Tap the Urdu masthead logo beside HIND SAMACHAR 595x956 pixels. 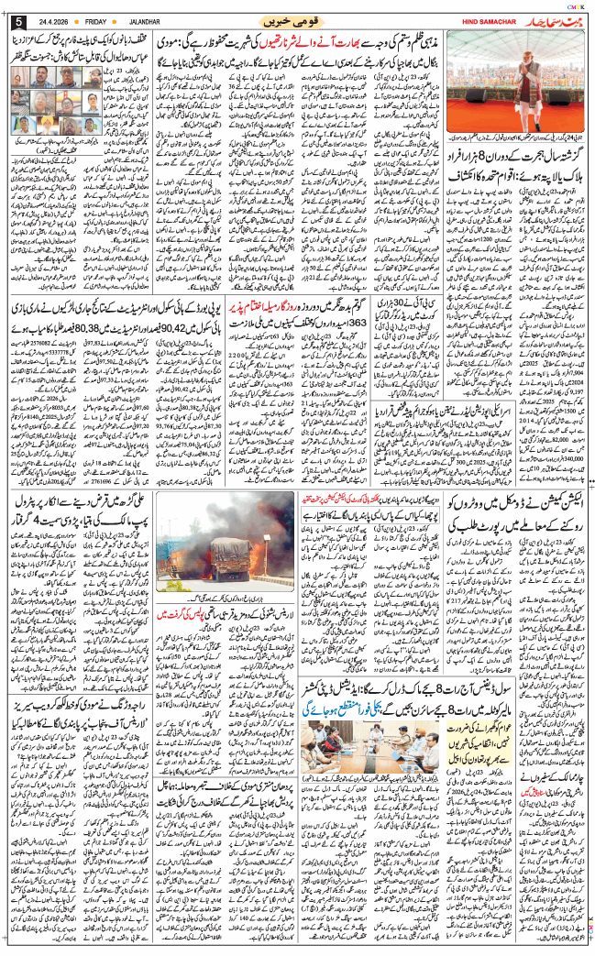pos(537,19)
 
